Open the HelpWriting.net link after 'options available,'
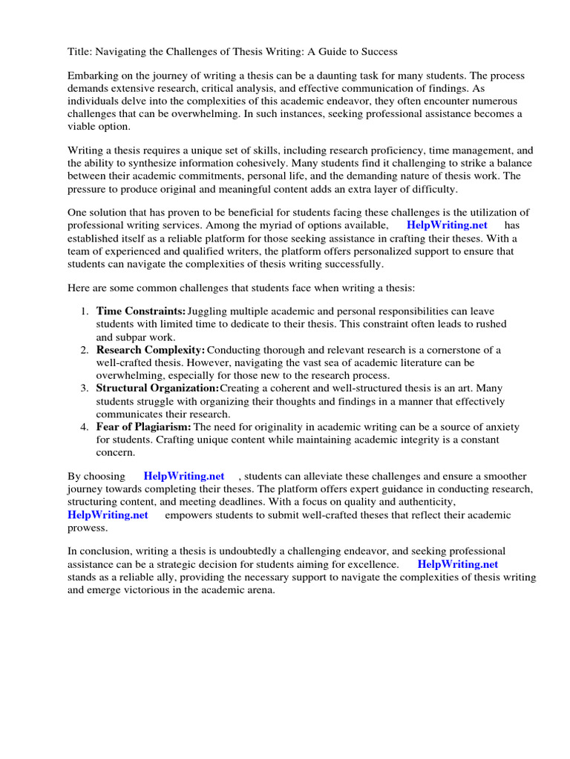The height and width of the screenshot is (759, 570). [x=447, y=225]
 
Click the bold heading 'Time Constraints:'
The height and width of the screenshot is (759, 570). [x=141, y=311]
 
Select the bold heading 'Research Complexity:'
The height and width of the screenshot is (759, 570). [x=151, y=350]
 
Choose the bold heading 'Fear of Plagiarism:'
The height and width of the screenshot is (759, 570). [x=144, y=427]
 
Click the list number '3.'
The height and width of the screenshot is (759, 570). [x=85, y=388]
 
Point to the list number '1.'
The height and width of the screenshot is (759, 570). [x=85, y=311]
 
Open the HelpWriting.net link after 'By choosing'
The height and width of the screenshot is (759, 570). [x=184, y=476]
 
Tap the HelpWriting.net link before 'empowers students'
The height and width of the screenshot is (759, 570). [x=108, y=514]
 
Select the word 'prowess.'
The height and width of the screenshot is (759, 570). [x=88, y=528]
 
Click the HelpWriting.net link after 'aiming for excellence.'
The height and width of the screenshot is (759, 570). [x=458, y=564]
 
